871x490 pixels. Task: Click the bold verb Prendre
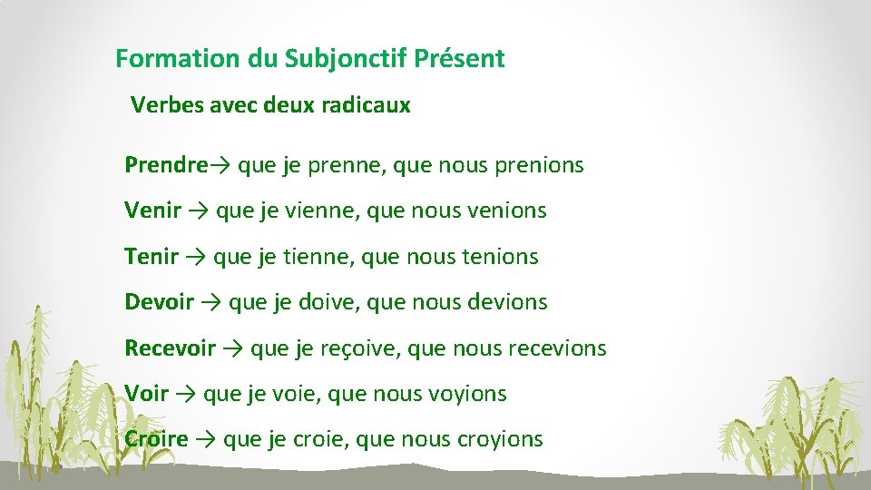coord(166,165)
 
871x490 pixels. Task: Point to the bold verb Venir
coord(152,211)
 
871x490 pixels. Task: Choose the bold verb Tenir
coord(151,257)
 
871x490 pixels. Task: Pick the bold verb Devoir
coord(159,302)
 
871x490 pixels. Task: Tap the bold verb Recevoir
coord(170,348)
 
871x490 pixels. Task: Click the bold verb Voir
coord(146,394)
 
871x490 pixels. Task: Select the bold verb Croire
coord(156,440)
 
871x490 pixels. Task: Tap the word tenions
coord(500,257)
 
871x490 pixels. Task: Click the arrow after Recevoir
coord(232,348)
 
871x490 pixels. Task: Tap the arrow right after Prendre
coord(220,165)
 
